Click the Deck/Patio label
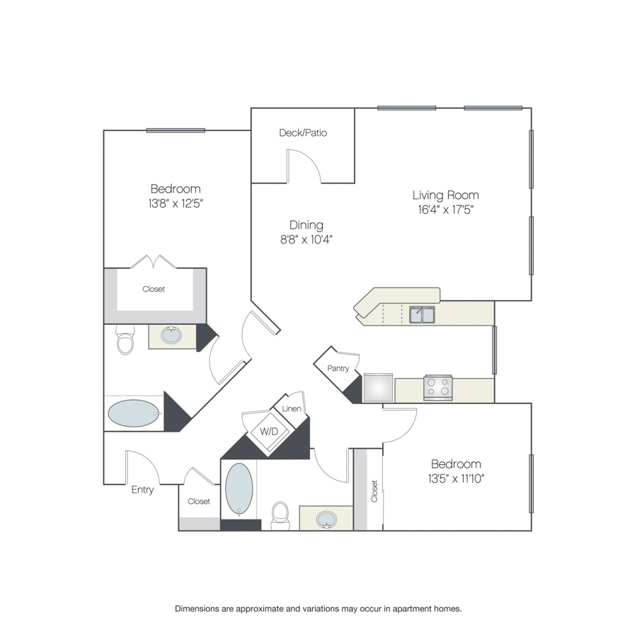pos(303,133)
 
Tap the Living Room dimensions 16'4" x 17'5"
pos(446,210)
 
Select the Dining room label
pos(306,225)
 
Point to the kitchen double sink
pos(422,315)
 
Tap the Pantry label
pos(338,369)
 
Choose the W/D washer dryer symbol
pos(270,432)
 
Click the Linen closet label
pos(292,408)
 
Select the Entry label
pos(142,490)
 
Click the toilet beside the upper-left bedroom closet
pos(125,340)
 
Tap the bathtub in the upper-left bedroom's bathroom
pos(134,413)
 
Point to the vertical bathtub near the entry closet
pos(239,490)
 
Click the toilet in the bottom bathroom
pos(280,515)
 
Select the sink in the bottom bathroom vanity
pos(326,520)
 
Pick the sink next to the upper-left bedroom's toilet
pos(171,335)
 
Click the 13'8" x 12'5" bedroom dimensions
pos(176,203)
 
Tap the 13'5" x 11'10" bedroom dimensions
pos(457,478)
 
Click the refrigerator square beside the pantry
pos(378,388)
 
